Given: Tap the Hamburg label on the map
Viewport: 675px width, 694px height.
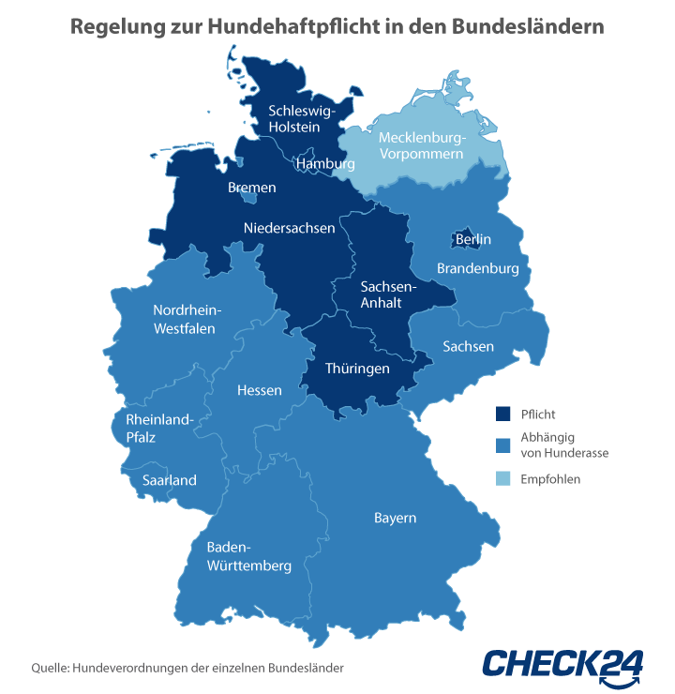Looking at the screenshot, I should [x=325, y=164].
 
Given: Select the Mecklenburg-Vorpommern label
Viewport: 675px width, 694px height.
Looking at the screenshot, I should [x=421, y=145].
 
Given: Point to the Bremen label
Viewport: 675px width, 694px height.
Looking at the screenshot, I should [x=252, y=188].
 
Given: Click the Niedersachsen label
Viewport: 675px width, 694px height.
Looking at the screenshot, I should [x=289, y=228].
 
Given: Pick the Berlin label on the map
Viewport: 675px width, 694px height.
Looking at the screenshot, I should [x=473, y=240].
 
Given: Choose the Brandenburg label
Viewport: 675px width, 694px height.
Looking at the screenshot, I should [x=478, y=269].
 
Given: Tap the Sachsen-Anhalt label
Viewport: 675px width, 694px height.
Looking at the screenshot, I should [x=382, y=294].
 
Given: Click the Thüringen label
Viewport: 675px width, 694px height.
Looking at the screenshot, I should [x=357, y=369].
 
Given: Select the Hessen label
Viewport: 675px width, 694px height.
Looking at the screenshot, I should [x=260, y=390].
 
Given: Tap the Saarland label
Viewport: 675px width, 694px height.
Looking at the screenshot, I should [x=170, y=480].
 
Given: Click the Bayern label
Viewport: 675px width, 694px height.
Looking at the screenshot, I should [x=395, y=518].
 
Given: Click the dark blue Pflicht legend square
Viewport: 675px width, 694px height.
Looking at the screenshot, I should [x=503, y=414].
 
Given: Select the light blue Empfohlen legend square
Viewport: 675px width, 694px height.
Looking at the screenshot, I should [x=503, y=478].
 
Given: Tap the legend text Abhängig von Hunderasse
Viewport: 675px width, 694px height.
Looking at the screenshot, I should [x=564, y=445].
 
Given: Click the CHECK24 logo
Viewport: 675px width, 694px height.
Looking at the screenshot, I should [x=562, y=662].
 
